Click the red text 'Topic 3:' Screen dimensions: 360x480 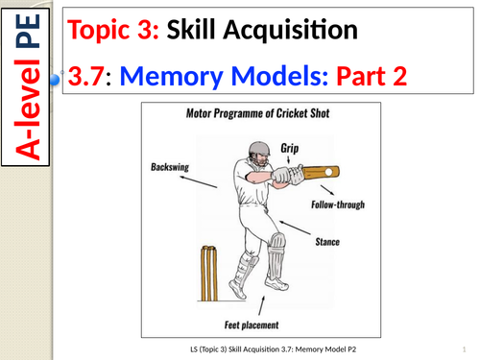[113, 31]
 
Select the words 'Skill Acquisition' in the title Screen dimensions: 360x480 [258, 31]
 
